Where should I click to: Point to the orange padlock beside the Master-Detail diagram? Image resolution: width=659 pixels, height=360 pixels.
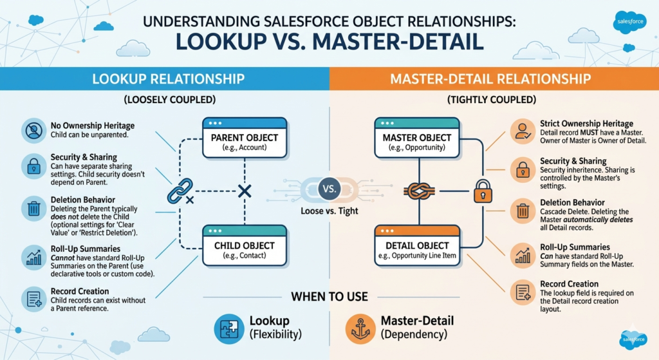pyautogui.click(x=482, y=191)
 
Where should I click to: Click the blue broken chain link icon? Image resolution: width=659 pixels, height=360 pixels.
pyautogui.click(x=177, y=192)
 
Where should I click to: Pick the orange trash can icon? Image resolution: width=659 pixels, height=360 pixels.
pyautogui.click(x=521, y=210)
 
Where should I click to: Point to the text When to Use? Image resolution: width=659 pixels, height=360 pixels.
pyautogui.click(x=329, y=297)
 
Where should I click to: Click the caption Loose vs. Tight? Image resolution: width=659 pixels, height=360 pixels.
pyautogui.click(x=329, y=211)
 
